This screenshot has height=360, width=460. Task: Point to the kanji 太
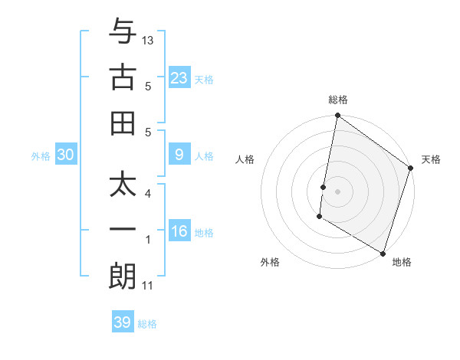(x=123, y=186)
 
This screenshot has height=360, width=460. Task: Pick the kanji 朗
(x=123, y=277)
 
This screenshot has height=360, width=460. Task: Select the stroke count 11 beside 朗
(x=148, y=286)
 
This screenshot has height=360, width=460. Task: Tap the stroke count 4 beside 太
(x=148, y=195)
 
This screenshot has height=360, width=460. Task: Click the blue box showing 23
(x=179, y=78)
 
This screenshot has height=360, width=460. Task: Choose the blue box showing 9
(x=179, y=155)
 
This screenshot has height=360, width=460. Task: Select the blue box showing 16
(x=179, y=232)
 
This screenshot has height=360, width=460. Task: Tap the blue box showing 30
(x=65, y=155)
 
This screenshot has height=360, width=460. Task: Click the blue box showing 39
(x=122, y=322)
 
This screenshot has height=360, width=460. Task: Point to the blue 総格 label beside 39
(x=147, y=324)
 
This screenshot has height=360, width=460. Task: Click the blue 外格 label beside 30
(x=41, y=156)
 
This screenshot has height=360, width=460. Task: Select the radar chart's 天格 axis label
(x=431, y=160)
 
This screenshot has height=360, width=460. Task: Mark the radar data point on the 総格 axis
(x=337, y=116)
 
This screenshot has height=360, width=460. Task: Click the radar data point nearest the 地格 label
(x=382, y=253)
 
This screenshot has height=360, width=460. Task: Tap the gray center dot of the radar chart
(x=337, y=189)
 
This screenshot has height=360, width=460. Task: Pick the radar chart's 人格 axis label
(x=245, y=160)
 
